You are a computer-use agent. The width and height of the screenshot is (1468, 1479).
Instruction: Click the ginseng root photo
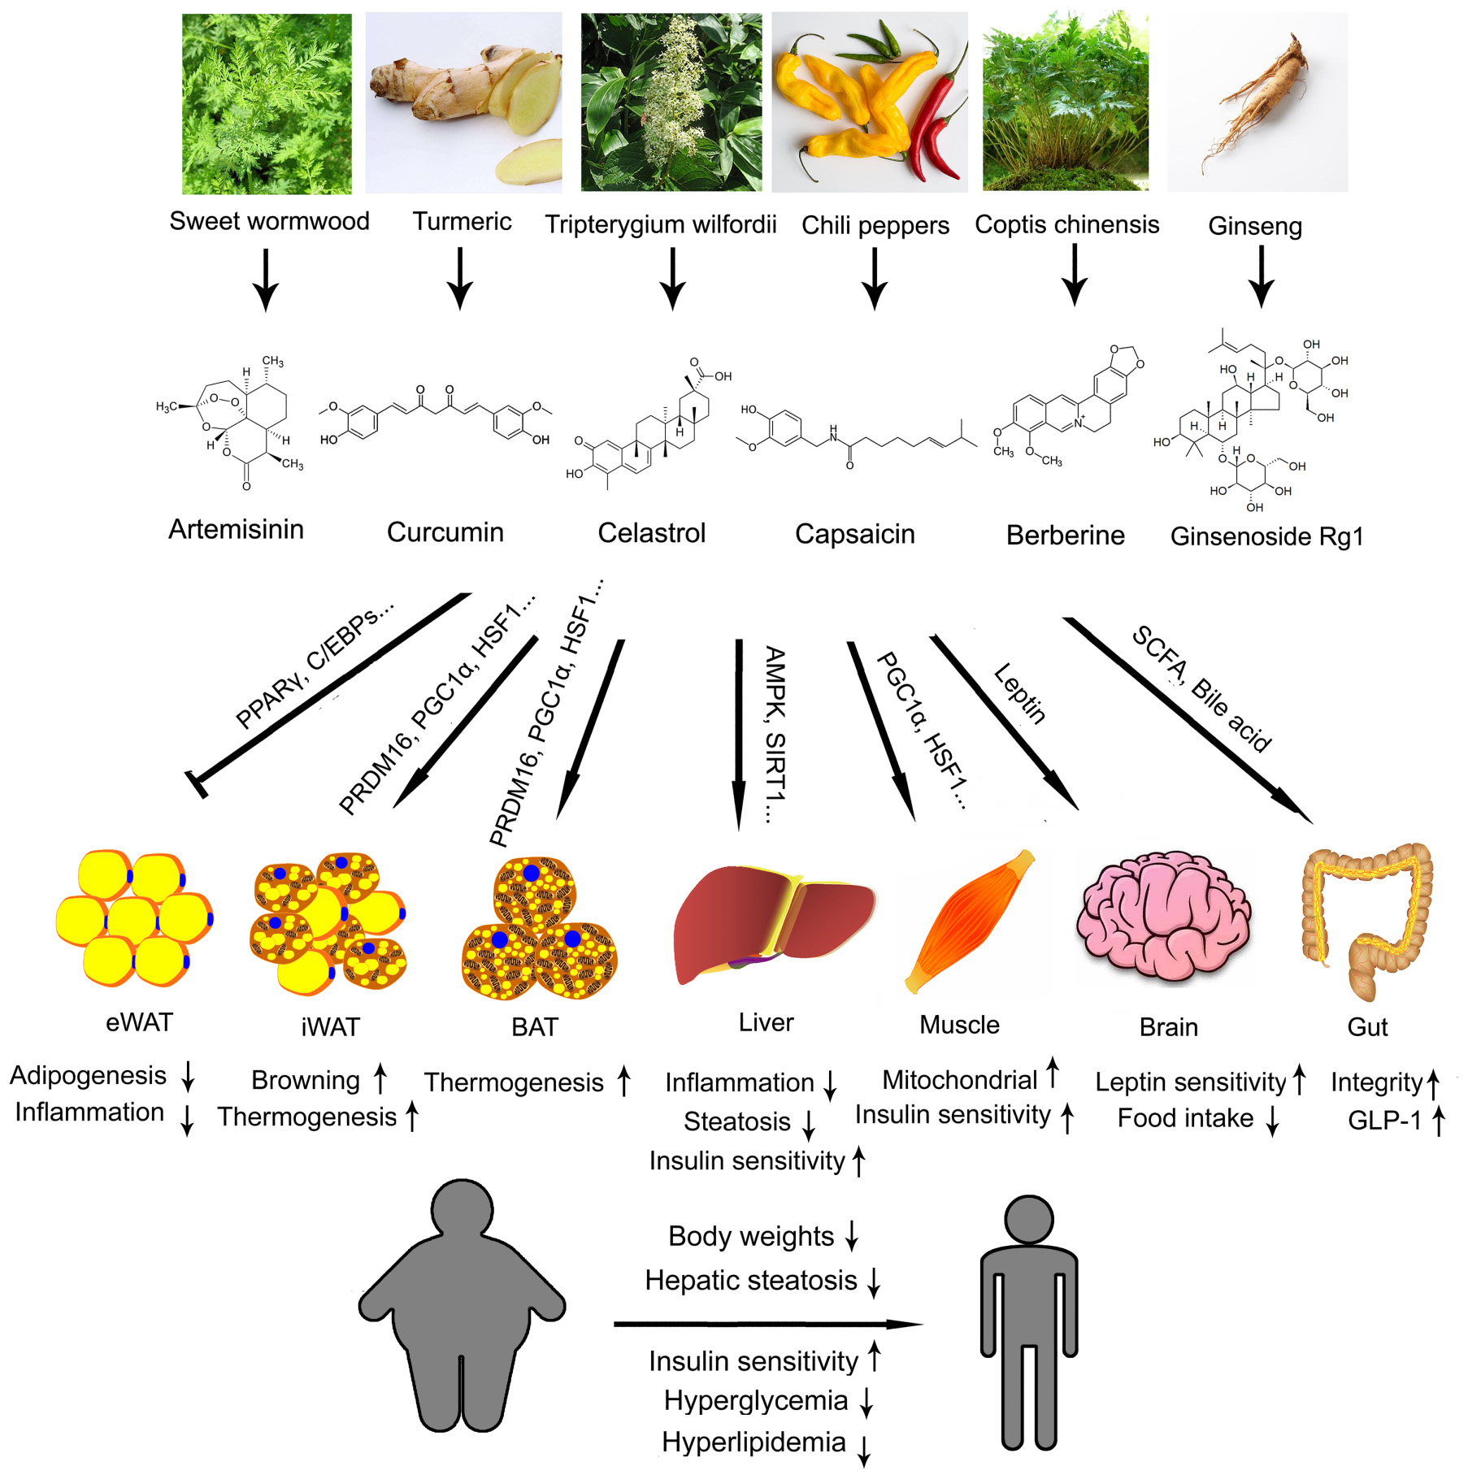click(1257, 102)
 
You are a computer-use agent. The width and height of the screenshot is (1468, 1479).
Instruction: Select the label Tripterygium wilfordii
click(660, 224)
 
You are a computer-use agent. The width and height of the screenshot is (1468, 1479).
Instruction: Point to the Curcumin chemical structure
click(435, 414)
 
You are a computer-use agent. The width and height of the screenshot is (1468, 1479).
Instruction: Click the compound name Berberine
click(1065, 535)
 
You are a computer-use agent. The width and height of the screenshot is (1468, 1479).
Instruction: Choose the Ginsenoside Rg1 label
click(1266, 536)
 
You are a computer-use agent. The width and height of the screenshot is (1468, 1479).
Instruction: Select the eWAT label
click(139, 1022)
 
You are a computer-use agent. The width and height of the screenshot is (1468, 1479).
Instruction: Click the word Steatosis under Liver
click(736, 1121)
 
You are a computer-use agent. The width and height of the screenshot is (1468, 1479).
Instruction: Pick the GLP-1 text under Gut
click(1384, 1121)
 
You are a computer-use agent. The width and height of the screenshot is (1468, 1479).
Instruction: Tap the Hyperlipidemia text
click(754, 1442)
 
